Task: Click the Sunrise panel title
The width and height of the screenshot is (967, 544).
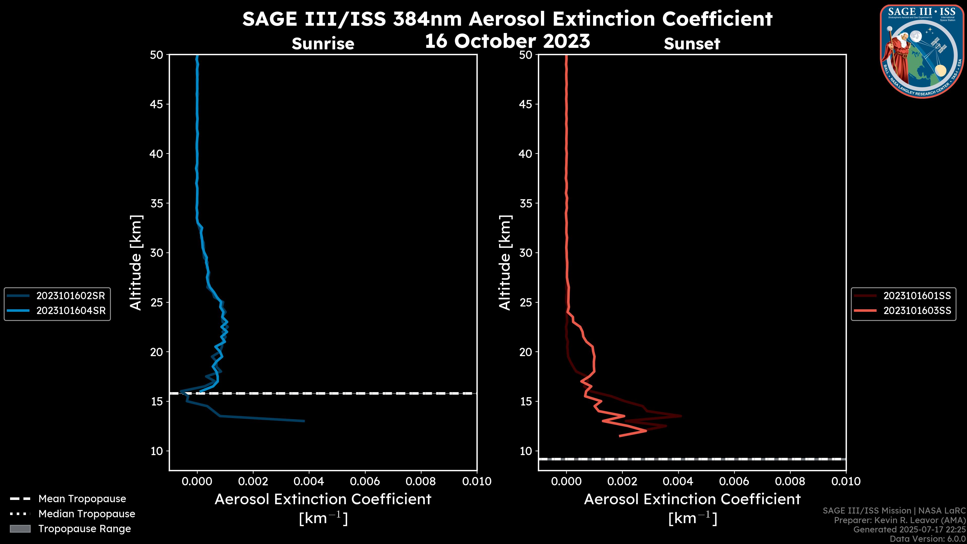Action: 323,44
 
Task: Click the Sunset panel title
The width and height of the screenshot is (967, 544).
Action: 692,44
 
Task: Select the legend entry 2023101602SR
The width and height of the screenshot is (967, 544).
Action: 71,296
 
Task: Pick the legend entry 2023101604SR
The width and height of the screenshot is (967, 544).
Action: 71,311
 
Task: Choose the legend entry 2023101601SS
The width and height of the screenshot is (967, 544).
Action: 917,296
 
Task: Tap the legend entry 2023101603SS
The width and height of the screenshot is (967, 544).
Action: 917,311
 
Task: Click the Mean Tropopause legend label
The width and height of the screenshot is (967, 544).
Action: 82,499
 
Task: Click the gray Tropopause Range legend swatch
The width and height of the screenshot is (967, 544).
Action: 20,529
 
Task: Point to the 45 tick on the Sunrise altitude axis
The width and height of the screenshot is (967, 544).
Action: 157,104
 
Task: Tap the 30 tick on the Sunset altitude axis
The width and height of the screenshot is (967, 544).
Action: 526,253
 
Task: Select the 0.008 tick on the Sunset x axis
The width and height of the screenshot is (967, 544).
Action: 790,481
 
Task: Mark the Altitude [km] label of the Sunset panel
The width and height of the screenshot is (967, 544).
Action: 505,263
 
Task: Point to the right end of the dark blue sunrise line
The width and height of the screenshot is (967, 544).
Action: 304,421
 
